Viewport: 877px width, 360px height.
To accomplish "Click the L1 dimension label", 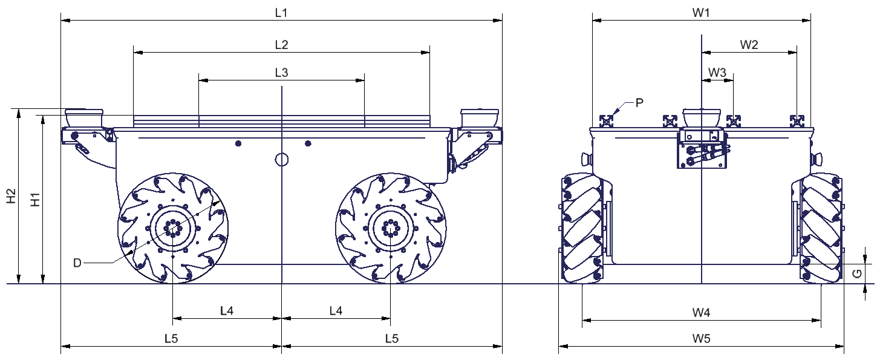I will click(281, 13).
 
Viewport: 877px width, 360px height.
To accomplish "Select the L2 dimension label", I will click(281, 45).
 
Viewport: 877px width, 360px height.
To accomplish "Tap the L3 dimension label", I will click(281, 72).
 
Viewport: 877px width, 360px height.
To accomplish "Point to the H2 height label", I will click(11, 197).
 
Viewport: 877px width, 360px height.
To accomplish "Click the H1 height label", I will click(35, 199).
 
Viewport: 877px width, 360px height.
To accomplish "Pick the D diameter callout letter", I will click(77, 263).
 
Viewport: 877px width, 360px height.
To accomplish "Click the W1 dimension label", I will click(700, 13).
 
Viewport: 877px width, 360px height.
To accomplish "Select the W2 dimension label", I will click(749, 45).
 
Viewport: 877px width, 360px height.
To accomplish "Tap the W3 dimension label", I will click(717, 72).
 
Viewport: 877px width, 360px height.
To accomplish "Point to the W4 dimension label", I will click(701, 313).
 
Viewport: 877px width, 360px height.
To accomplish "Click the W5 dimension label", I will click(701, 339).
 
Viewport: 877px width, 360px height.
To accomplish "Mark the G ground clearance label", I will click(856, 273).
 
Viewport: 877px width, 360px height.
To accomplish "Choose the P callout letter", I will click(639, 102).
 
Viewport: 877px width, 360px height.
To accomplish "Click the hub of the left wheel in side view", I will click(173, 228).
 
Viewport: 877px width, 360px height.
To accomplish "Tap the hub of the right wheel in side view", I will click(390, 228).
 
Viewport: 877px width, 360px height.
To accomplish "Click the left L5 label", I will click(171, 339).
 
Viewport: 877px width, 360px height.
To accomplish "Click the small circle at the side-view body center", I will click(282, 159).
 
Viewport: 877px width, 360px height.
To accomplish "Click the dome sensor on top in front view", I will click(700, 116).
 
